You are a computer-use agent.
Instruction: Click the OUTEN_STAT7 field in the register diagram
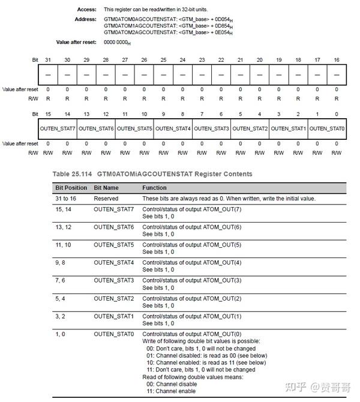tap(58, 128)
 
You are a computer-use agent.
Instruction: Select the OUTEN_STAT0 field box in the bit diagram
tap(326, 128)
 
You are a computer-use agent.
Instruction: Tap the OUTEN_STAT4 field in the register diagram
tap(173, 128)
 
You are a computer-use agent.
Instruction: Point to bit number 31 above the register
tap(48, 60)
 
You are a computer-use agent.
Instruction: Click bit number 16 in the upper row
tap(337, 60)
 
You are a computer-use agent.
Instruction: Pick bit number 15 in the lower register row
tap(48, 113)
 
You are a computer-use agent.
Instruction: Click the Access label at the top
tap(86, 10)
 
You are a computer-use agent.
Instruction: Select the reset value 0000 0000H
tap(118, 42)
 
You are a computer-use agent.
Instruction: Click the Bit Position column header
tap(71, 188)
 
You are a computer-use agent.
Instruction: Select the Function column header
tap(154, 188)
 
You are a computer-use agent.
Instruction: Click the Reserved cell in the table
tap(106, 199)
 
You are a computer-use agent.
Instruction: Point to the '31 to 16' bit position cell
tap(66, 199)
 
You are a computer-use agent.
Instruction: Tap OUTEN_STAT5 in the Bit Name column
tap(114, 244)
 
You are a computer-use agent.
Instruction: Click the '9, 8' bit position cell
tap(61, 262)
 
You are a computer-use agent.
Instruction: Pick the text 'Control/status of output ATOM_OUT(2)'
tap(191, 298)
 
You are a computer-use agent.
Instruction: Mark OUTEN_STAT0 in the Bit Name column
tap(114, 334)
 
